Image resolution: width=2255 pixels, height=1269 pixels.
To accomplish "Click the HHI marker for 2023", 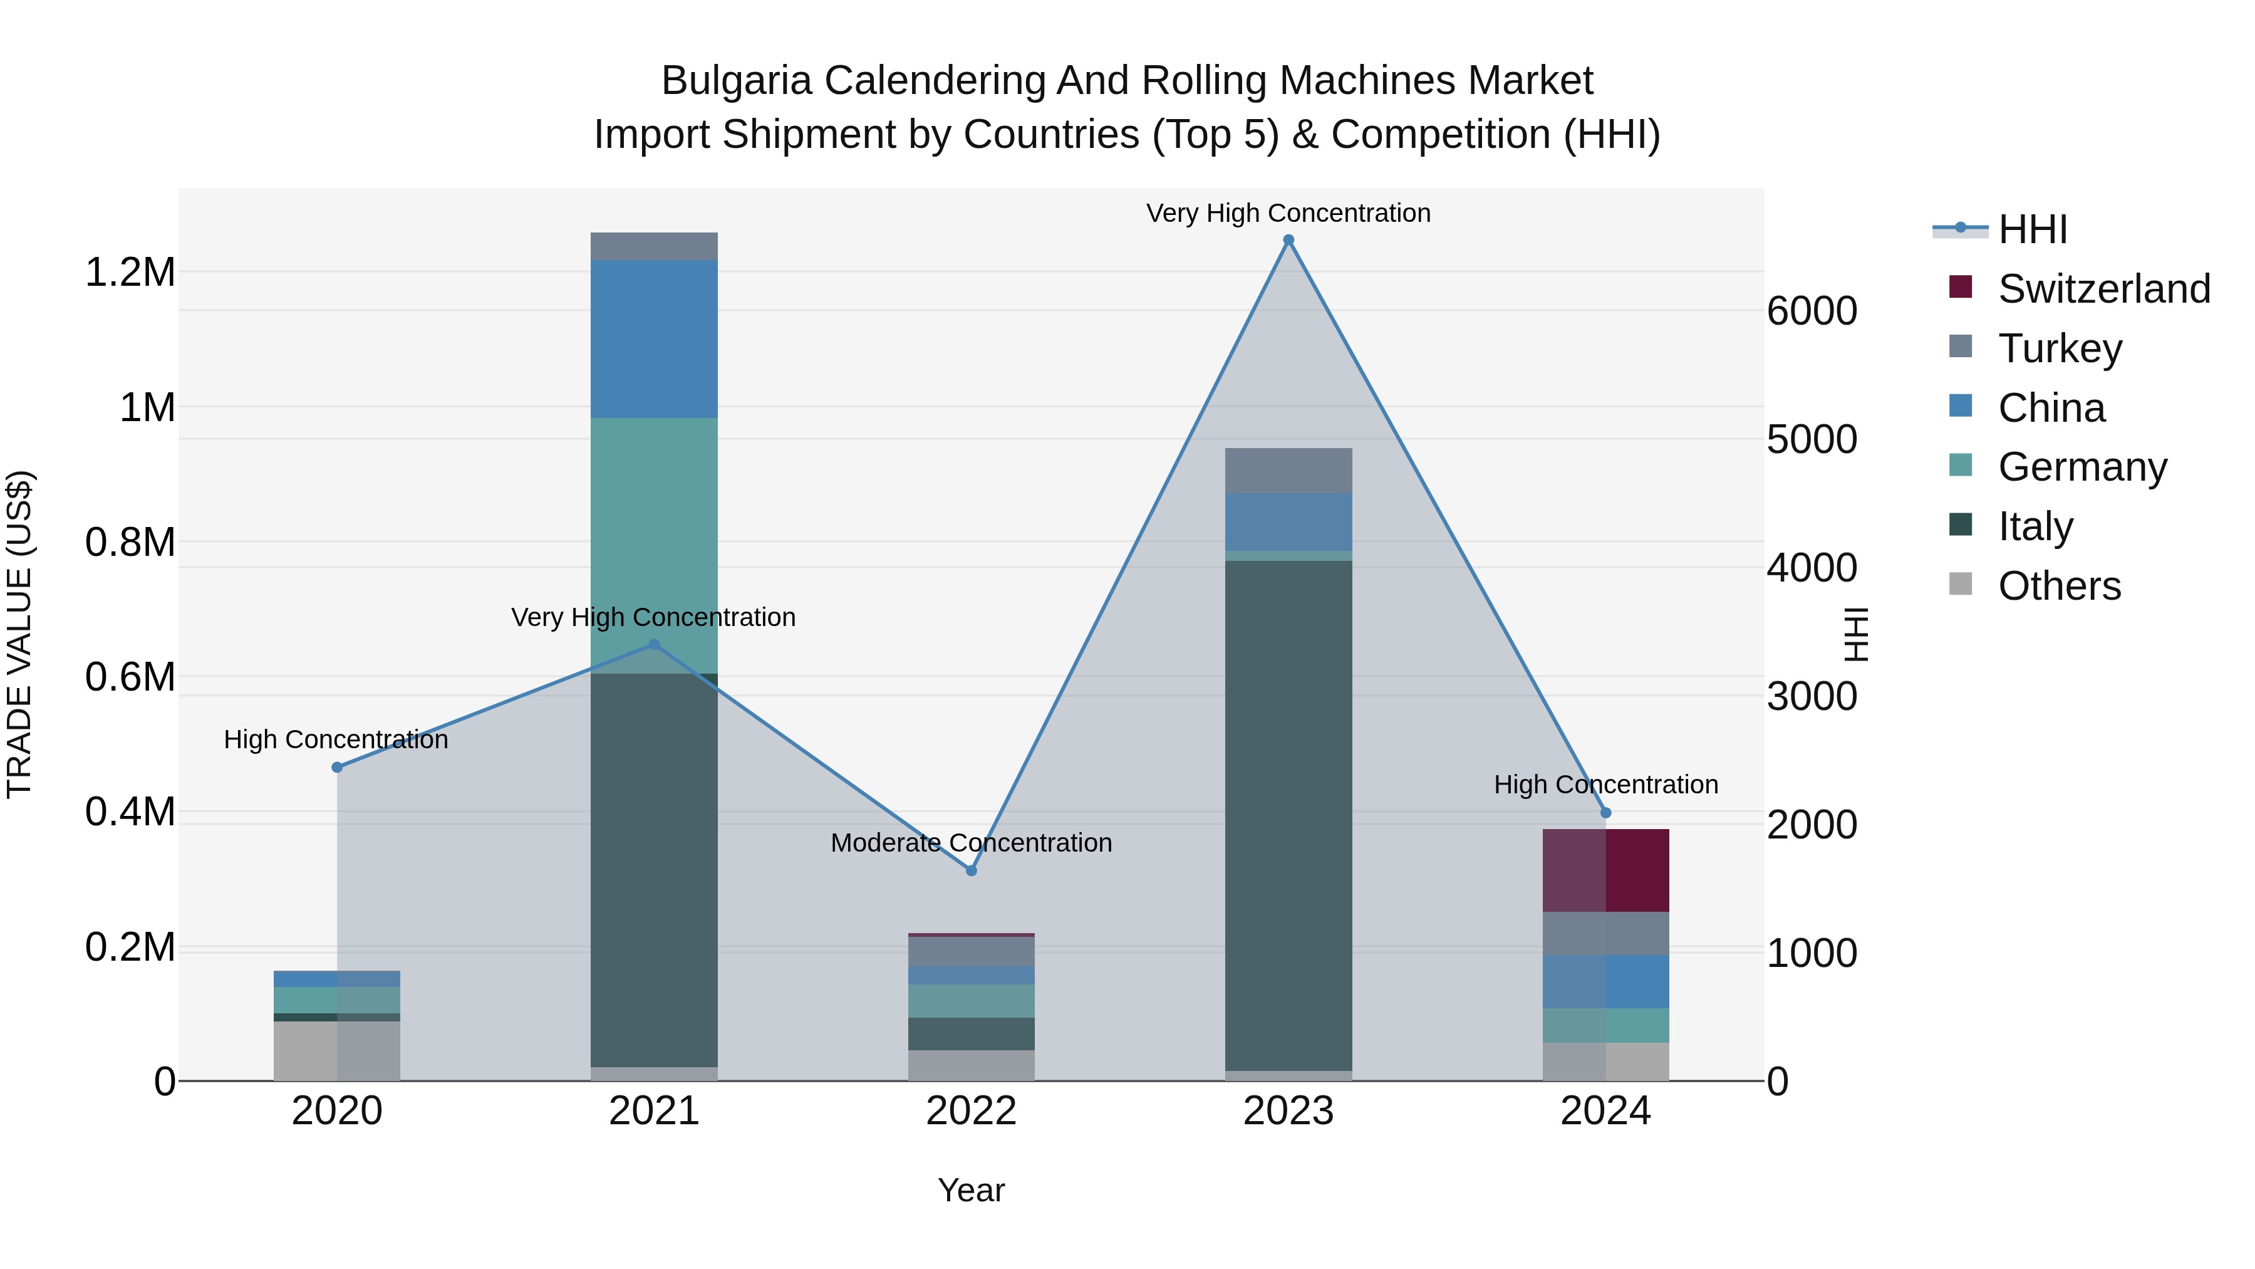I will pos(1288,240).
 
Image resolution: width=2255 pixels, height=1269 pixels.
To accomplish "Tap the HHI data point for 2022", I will pos(971,870).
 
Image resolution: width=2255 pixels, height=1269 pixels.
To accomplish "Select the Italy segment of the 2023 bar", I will pos(1288,815).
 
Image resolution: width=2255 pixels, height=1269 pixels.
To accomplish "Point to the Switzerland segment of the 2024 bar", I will pos(1605,870).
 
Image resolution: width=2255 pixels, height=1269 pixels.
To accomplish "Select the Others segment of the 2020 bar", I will pos(337,1050).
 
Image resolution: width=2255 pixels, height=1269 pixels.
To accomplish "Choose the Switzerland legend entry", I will pos(2103,289).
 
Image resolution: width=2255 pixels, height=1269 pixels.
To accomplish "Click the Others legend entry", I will pos(2059,586).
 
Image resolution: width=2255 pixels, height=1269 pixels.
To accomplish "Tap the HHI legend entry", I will pos(2032,229).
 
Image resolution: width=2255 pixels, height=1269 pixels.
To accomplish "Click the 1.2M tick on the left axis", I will pos(130,273).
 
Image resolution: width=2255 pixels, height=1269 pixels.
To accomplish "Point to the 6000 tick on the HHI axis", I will pos(1811,311).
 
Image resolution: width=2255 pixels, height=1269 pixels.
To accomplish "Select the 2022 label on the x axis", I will pos(971,1111).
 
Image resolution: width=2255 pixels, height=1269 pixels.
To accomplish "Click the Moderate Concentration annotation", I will pos(971,842).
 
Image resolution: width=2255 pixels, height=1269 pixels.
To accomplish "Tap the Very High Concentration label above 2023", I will pos(1288,213).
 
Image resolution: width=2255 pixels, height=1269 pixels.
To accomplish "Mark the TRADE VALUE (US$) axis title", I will pos(19,634).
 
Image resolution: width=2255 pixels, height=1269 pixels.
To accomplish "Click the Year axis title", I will pos(971,1190).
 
